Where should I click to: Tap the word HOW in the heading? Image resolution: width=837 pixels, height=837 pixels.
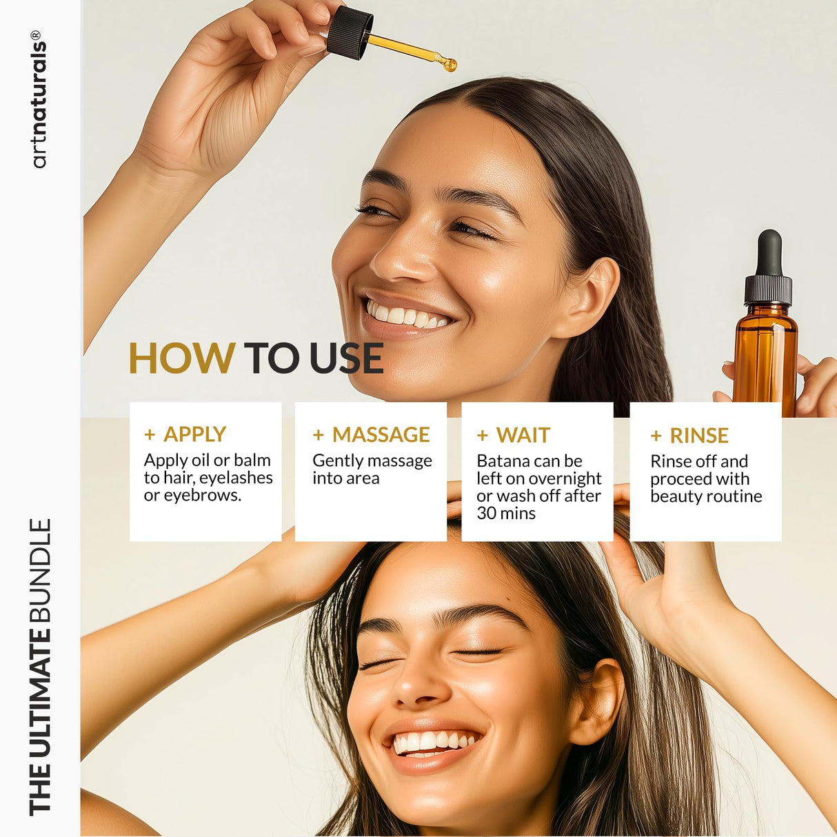coord(182,359)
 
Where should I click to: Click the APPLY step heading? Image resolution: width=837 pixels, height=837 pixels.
coord(194,434)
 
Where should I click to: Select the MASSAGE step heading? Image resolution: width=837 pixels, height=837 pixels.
coord(381,434)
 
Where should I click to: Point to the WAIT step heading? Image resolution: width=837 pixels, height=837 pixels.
coord(523,435)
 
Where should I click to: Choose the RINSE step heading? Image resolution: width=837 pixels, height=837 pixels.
coord(698,436)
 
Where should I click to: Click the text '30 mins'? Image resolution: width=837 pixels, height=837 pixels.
coord(506,514)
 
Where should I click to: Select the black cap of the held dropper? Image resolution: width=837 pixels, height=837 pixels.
coord(350,32)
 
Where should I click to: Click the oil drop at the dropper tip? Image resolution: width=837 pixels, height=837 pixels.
coord(449,65)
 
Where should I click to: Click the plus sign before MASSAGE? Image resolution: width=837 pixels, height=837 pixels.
coord(318,435)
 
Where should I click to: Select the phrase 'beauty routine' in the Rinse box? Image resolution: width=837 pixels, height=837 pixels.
coord(706,496)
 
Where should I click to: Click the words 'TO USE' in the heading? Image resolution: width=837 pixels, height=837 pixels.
coord(313,359)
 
